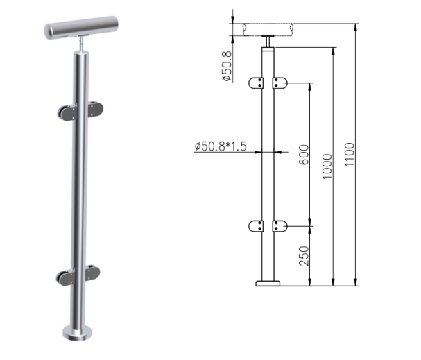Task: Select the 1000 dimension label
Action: point(328,166)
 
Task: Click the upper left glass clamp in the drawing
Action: point(256,83)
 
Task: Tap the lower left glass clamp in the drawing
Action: point(256,226)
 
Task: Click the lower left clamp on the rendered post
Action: point(66,278)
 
